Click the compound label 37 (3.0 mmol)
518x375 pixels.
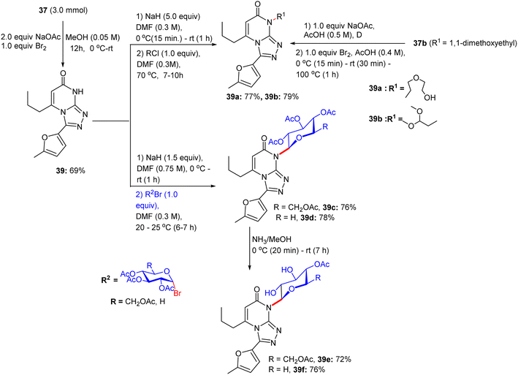(x=64, y=10)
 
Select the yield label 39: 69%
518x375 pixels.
(x=70, y=170)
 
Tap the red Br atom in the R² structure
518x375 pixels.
(x=177, y=293)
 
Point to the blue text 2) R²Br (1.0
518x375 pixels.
(x=156, y=194)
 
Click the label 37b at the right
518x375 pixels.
(x=419, y=43)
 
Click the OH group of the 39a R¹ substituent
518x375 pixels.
(x=430, y=97)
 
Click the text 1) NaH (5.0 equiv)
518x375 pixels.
(x=168, y=17)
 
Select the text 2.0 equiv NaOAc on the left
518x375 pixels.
(x=31, y=37)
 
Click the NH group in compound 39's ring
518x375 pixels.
(x=79, y=91)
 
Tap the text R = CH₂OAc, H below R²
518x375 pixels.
(x=138, y=302)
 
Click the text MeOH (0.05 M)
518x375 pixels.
(x=93, y=37)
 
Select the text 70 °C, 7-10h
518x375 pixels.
(x=159, y=75)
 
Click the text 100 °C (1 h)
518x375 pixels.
(x=317, y=75)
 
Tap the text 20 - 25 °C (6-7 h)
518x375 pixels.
(x=166, y=227)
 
